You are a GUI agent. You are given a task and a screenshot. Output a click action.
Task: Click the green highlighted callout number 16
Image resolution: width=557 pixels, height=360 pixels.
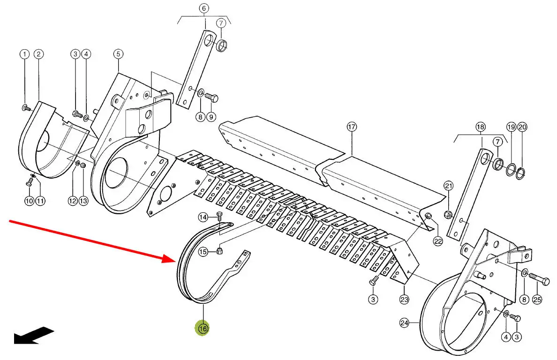203,329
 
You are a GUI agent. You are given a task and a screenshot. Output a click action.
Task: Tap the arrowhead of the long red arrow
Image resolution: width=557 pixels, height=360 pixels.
170,258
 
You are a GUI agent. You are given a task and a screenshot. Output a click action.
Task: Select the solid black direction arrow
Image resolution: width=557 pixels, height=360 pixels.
34,335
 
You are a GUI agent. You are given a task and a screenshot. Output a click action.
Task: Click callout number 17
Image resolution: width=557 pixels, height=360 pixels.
352,127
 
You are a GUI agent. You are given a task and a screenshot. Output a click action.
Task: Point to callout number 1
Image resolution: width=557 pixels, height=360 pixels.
24,54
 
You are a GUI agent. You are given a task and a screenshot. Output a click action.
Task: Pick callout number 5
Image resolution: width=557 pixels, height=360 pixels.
118,54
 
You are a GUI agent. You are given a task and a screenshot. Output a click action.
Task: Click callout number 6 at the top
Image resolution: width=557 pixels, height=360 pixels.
203,8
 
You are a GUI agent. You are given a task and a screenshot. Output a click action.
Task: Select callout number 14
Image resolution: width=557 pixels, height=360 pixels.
203,217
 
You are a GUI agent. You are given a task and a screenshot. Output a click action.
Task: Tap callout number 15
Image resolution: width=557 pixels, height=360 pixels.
203,252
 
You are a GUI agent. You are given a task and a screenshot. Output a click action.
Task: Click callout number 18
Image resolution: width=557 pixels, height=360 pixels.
480,127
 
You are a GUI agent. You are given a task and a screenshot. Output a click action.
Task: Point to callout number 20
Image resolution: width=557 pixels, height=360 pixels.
522,127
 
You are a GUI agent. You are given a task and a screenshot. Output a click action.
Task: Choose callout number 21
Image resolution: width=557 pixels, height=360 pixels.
449,186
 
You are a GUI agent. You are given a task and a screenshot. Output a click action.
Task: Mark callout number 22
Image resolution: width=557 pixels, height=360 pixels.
437,241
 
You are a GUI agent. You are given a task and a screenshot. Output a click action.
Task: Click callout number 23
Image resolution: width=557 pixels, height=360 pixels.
404,299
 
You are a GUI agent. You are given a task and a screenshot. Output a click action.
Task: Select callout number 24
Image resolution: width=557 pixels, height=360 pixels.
404,322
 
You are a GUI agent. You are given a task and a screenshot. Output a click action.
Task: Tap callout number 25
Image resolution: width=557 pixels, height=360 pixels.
537,299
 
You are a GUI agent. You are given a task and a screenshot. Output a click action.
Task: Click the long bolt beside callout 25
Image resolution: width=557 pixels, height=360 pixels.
539,279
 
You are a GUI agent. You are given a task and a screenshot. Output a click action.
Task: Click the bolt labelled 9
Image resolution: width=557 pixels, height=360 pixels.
211,97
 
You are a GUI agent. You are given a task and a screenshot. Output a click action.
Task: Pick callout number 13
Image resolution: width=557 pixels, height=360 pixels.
83,201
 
